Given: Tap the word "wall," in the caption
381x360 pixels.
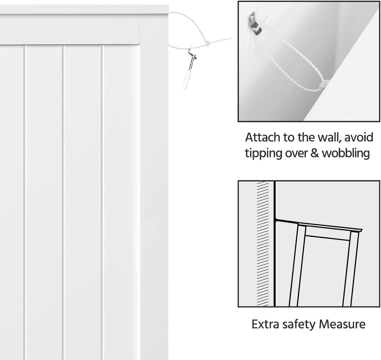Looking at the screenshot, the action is (328, 137).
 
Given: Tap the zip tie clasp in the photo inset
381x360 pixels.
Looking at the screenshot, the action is (324, 83).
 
